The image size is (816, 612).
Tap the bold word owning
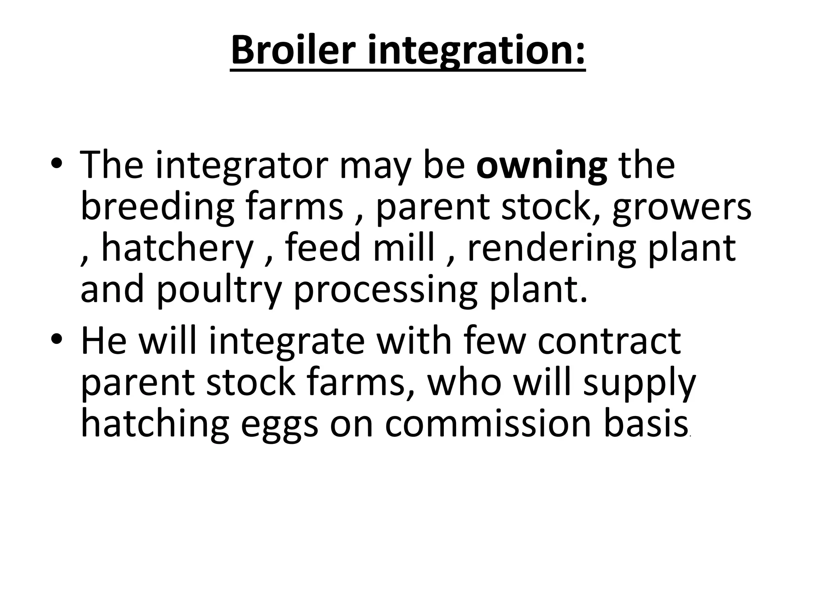pos(541,165)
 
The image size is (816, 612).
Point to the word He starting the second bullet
pos(104,340)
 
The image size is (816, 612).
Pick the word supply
pos(639,382)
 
